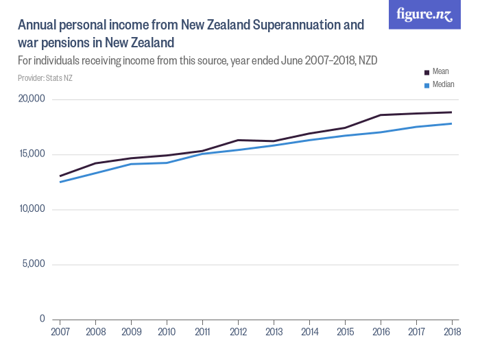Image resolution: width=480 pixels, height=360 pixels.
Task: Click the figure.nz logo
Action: click(424, 14)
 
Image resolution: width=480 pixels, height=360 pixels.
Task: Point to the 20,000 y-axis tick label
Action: click(30, 99)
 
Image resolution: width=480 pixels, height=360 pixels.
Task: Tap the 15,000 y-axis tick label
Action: click(30, 154)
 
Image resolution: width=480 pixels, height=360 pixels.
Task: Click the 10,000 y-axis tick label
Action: click(30, 209)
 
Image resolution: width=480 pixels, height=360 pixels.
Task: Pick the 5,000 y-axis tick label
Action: click(33, 264)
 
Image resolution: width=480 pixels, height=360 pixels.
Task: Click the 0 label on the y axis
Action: click(42, 319)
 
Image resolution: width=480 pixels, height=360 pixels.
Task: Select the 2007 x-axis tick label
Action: click(60, 332)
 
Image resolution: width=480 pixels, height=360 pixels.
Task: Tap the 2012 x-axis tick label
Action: click(238, 332)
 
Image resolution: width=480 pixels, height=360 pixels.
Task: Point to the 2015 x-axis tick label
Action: click(345, 332)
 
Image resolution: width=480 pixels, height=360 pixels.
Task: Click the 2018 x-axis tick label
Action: click(451, 332)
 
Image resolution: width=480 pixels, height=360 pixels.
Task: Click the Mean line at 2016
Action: click(381, 115)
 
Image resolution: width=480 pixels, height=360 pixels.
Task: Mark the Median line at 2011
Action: click(202, 154)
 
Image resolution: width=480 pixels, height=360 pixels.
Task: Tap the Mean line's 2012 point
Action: click(238, 140)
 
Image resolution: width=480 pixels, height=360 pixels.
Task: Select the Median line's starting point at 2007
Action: click(60, 182)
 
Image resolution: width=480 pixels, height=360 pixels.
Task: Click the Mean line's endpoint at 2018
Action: click(451, 112)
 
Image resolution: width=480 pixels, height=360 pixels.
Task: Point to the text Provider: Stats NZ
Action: click(45, 78)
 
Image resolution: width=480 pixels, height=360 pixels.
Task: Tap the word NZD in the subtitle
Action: click(366, 61)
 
